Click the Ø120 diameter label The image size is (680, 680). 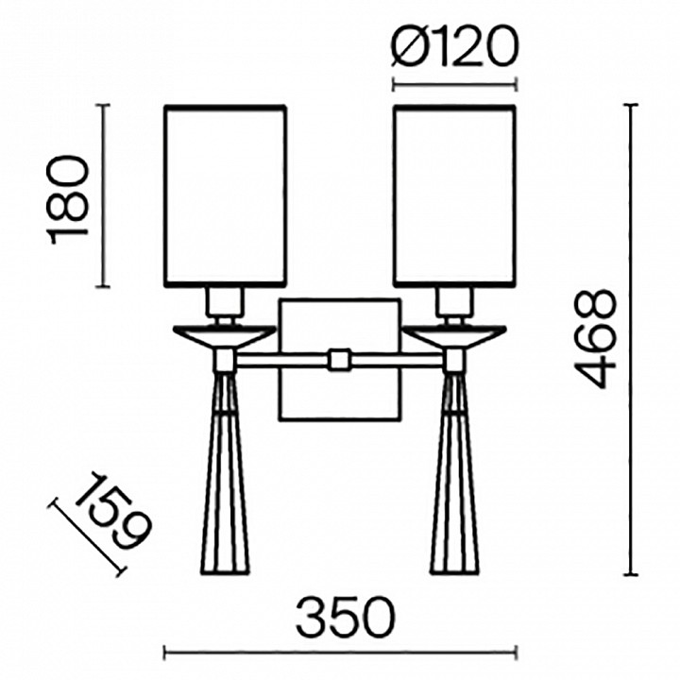point(453,46)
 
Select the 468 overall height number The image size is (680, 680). point(597,338)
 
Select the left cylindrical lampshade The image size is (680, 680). point(226,195)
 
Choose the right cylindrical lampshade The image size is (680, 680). point(454,195)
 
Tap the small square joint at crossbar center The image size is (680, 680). point(339,360)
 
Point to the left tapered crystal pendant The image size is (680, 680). point(226,472)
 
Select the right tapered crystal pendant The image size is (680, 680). point(454,472)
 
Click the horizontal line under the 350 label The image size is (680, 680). point(340,650)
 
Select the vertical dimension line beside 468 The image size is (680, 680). point(632,340)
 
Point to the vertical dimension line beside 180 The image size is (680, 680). point(106,196)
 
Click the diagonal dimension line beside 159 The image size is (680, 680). point(89,537)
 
